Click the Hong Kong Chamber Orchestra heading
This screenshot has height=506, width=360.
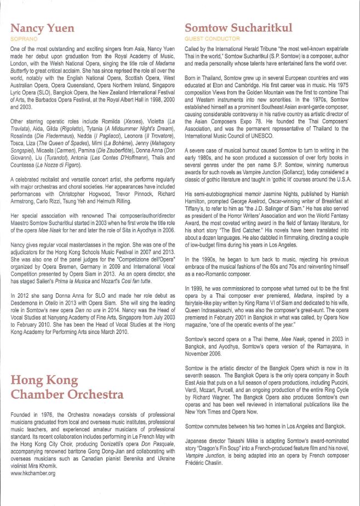pyautogui.click(x=67, y=387)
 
